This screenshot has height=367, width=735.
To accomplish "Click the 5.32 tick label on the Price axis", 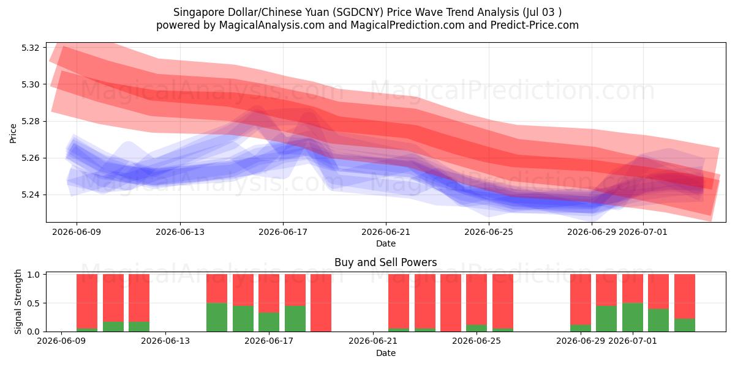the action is click(30, 48).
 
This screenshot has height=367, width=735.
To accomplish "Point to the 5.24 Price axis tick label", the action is click(30, 195).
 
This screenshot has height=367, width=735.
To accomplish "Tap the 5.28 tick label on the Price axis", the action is click(30, 122).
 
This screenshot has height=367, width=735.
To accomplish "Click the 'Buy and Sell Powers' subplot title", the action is click(385, 262).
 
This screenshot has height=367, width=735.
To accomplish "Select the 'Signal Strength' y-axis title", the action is click(18, 302).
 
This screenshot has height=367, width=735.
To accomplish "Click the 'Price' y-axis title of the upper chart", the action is click(13, 133).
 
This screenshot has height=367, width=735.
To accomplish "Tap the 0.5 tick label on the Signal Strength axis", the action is click(33, 303).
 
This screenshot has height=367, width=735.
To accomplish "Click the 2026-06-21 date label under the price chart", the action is click(386, 232).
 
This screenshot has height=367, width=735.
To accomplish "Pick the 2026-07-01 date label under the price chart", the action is click(643, 232).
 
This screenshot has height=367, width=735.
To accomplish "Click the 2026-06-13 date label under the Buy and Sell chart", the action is click(165, 341).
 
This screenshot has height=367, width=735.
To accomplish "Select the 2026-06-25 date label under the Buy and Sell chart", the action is click(477, 341).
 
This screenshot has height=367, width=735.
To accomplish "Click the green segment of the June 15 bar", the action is click(217, 317).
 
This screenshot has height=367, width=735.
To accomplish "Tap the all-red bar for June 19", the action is click(321, 303).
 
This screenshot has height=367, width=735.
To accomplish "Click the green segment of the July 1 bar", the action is click(633, 317).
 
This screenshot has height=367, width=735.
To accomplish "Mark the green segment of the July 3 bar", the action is click(685, 325).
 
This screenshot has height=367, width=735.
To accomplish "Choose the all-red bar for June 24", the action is click(451, 303).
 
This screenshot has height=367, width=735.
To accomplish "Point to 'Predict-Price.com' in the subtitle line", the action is click(535, 25).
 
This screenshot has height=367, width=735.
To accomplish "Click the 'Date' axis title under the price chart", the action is click(386, 244).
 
